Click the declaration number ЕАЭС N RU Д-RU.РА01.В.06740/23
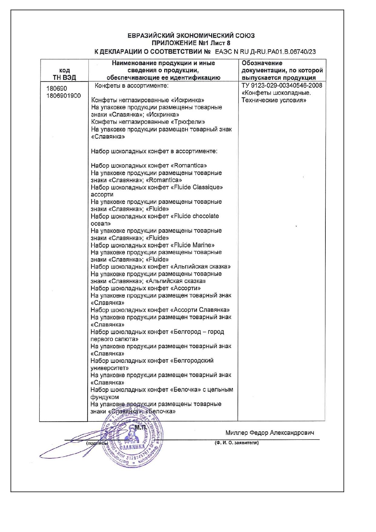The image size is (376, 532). [265, 52]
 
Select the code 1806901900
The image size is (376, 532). [64, 96]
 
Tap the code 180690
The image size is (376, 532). [57, 89]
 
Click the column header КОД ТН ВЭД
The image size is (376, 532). [64, 74]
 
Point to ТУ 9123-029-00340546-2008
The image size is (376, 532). [282, 85]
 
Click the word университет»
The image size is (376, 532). [110, 368]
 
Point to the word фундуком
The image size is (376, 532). [105, 397]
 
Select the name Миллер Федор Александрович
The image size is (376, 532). [270, 433]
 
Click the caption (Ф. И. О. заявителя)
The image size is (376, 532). [236, 443]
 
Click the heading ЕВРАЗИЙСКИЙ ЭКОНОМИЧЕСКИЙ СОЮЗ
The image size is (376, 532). [191, 36]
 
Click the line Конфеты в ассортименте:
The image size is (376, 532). [131, 85]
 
